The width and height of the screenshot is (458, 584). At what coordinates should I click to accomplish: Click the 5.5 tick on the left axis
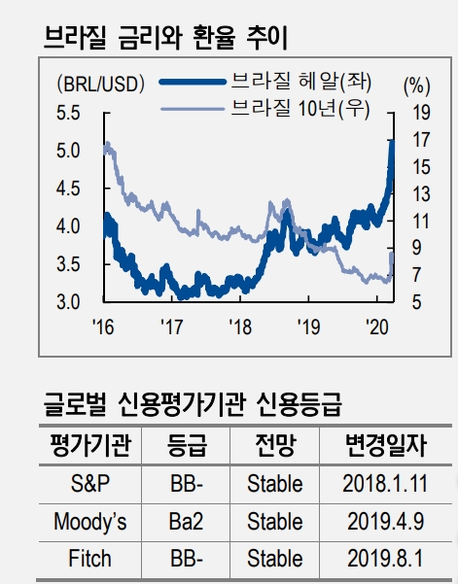pos(69,113)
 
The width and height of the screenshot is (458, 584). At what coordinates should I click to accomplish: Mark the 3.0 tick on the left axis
pos(69,301)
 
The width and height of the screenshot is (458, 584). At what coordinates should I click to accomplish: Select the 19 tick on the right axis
pos(420,113)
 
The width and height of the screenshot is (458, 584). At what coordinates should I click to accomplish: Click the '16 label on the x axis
pos(103,326)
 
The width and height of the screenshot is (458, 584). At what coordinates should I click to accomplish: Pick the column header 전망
pos(274,446)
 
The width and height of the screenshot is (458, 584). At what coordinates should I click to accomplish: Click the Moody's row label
pos(89,522)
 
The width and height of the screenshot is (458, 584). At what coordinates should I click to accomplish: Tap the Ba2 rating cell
pos(186,522)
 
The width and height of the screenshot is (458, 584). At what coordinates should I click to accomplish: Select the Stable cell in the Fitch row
pos(274,559)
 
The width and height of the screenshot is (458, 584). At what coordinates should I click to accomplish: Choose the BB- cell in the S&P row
pos(186,483)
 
